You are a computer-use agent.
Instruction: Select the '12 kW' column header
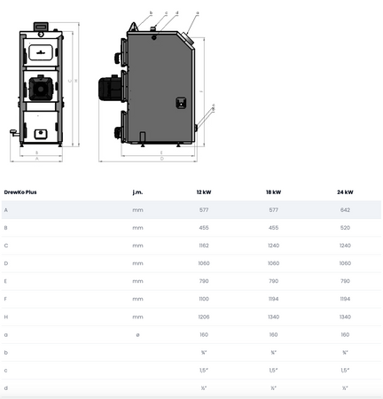click(x=204, y=192)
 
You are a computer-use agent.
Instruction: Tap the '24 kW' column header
click(x=345, y=192)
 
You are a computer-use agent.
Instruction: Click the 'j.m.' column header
click(x=137, y=192)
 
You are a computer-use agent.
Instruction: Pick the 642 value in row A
click(x=345, y=210)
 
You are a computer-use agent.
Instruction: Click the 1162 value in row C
click(x=204, y=246)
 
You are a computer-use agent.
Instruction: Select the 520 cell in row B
click(x=345, y=228)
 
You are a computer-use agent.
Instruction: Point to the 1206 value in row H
click(x=204, y=317)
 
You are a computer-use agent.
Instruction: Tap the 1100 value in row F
click(x=204, y=299)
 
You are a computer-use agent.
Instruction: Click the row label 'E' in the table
click(x=6, y=281)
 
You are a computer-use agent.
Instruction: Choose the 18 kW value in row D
click(x=275, y=263)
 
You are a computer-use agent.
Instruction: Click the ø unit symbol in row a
click(x=137, y=334)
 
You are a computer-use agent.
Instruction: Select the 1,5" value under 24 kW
click(x=345, y=370)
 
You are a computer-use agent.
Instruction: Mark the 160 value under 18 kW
click(x=275, y=334)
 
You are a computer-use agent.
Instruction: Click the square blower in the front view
click(x=40, y=86)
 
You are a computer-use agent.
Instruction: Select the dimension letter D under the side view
click(x=161, y=161)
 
